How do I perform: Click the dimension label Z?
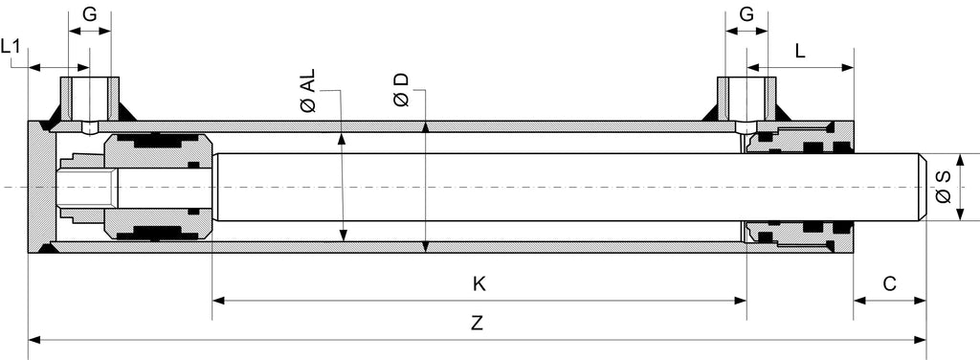(x=478, y=323)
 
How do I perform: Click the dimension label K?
(x=479, y=284)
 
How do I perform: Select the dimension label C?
(x=890, y=284)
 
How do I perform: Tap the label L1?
(x=11, y=46)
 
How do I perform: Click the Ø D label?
(x=401, y=89)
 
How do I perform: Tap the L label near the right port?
(x=800, y=52)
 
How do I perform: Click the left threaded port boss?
(x=89, y=99)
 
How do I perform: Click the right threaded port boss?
(x=746, y=99)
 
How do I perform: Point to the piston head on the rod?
(x=158, y=187)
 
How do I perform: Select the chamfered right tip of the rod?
(x=923, y=187)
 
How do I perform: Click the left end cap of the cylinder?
(x=42, y=187)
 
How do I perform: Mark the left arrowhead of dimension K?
(x=219, y=301)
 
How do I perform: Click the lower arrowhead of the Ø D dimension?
(x=426, y=246)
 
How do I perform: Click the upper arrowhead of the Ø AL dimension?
(x=342, y=140)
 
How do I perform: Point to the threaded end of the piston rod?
(x=87, y=187)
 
